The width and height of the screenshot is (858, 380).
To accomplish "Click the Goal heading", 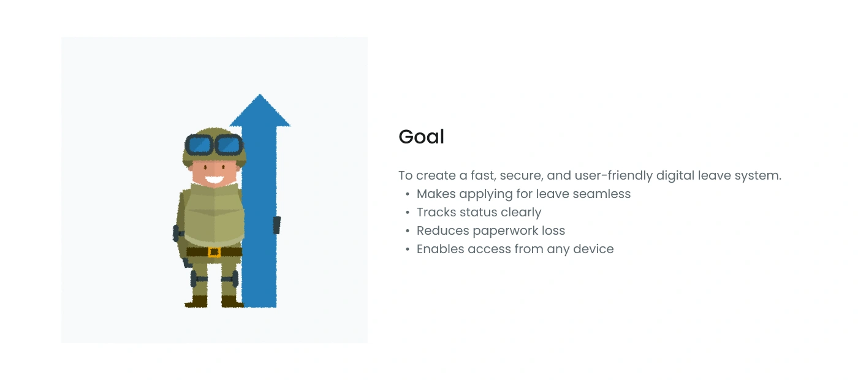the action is click(422, 137).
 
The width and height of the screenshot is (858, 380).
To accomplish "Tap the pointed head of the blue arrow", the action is click(260, 111).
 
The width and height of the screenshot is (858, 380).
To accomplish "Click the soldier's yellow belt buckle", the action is click(214, 252).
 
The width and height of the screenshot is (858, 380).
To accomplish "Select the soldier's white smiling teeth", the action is click(214, 179).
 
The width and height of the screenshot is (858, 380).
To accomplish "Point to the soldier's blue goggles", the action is click(214, 145).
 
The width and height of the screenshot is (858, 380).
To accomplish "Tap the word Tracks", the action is click(436, 212).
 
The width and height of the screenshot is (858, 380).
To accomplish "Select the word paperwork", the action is click(505, 231).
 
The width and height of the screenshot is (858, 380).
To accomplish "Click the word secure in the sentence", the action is click(522, 176).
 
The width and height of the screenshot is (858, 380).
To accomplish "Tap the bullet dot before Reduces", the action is click(408, 231).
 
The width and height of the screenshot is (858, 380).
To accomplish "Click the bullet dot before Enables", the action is click(408, 249).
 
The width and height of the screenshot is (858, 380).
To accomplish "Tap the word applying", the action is click(485, 194).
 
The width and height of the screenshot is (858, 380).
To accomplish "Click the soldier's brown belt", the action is click(214, 252).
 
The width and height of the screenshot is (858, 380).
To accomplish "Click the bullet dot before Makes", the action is click(408, 194).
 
